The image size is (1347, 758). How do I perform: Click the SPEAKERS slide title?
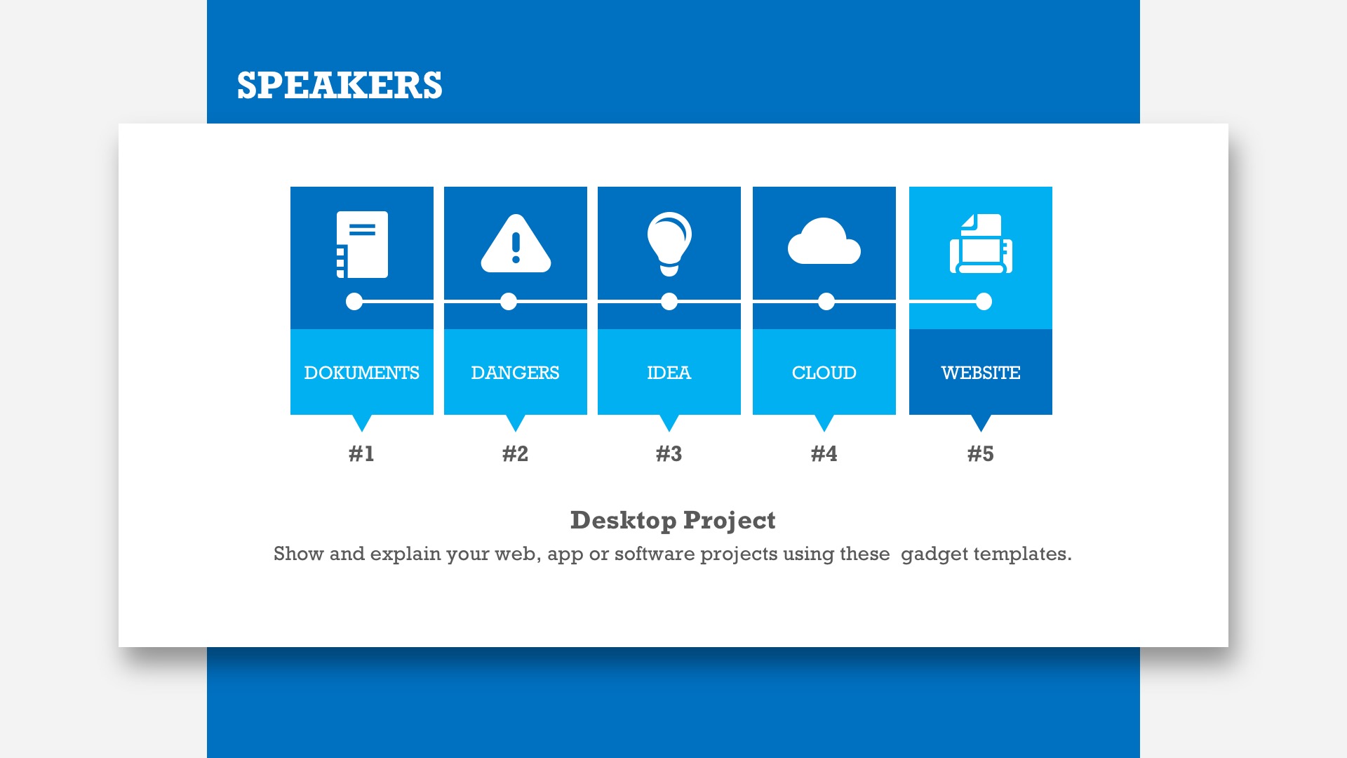point(340,86)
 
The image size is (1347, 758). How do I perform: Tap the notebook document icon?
point(362,244)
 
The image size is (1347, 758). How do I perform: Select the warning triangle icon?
point(516,243)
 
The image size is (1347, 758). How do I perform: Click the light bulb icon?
point(669,244)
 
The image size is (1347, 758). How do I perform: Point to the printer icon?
point(981,244)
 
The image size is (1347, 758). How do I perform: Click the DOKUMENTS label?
point(362,373)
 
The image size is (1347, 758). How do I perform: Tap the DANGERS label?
point(516,373)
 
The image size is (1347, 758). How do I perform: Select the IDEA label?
point(669,373)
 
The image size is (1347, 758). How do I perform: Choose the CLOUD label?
point(824,373)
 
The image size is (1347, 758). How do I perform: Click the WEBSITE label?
point(981,373)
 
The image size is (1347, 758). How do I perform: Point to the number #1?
point(362,454)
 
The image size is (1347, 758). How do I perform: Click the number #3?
point(669,454)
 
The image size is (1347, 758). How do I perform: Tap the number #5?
point(981,454)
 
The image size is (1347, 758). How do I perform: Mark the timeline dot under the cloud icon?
point(826,302)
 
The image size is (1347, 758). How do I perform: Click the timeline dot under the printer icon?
point(984,302)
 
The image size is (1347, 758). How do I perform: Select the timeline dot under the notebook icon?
point(354,302)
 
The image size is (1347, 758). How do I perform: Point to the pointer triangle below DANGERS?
point(516,421)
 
